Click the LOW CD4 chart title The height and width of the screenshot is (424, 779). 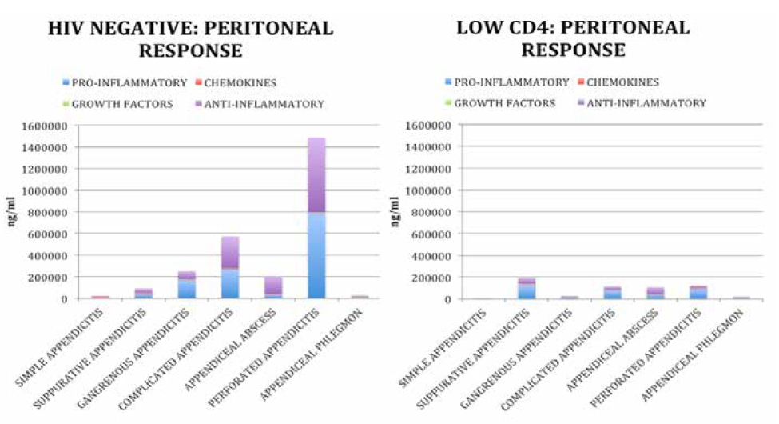572,38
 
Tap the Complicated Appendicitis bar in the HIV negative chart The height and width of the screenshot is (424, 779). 229,268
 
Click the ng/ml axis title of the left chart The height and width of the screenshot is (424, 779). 12,212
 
